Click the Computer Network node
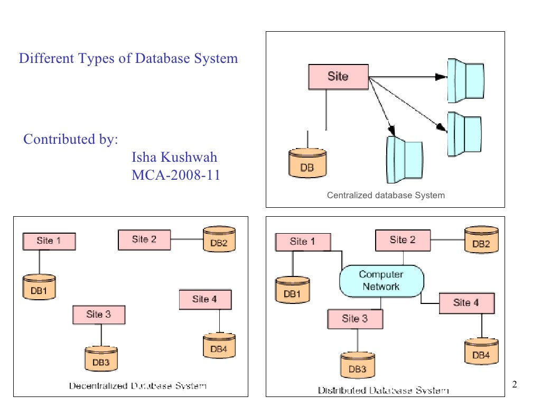coord(381,281)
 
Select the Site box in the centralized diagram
coord(338,77)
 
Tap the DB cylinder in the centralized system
coord(307,164)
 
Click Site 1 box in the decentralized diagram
coord(49,241)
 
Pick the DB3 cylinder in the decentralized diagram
coord(101,359)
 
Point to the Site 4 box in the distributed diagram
coord(466,303)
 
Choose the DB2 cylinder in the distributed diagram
coord(481,241)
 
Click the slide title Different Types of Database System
coord(128,58)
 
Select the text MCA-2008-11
coord(175,175)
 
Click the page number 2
coord(515,384)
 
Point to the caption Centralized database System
coord(386,196)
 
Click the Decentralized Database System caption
coord(138,386)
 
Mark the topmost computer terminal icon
coord(465,80)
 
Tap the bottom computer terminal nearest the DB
coord(404,159)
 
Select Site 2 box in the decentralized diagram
coord(144,239)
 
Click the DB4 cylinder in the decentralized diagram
coord(219,346)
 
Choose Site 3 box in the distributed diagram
coord(355,319)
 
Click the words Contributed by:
coord(70,140)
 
